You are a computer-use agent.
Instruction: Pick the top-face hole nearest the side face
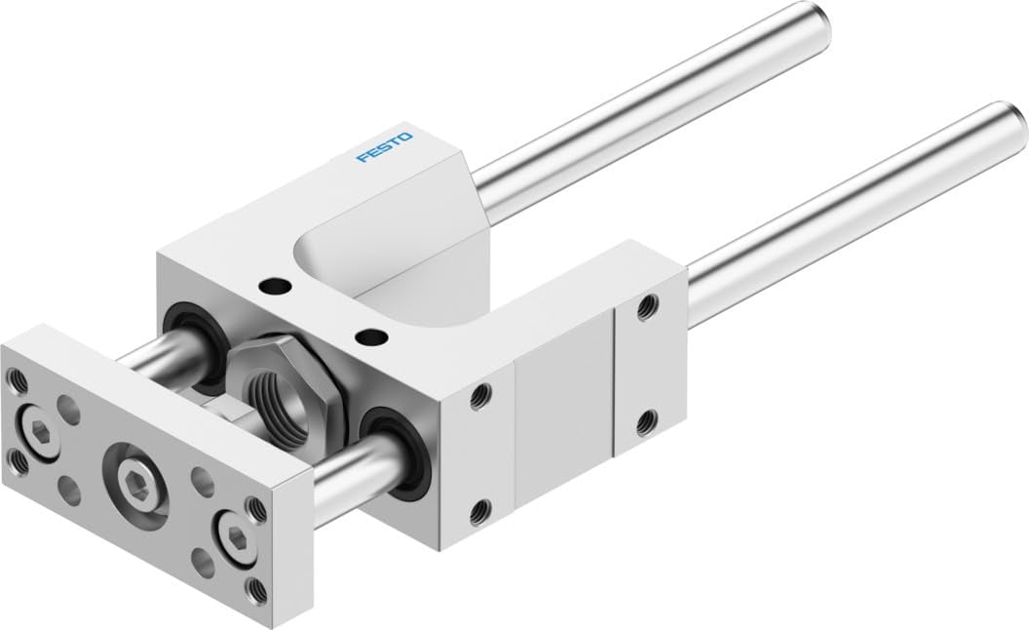368,337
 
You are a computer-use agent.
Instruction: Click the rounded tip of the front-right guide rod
1008,126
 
